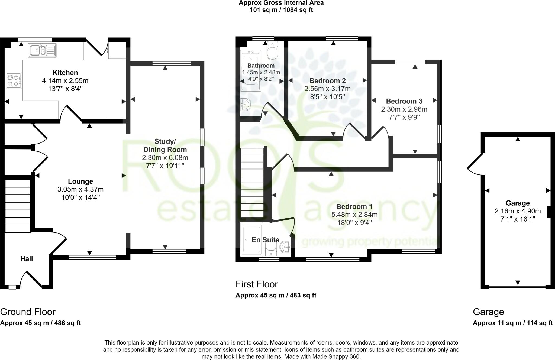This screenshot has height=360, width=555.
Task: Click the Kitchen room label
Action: point(65,73)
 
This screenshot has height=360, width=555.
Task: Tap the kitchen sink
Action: point(42,50)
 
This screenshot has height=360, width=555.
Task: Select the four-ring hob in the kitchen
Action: point(14,81)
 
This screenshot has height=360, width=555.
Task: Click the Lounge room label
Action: point(80,181)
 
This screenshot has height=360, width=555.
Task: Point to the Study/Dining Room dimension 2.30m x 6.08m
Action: point(165,158)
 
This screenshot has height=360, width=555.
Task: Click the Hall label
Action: point(27,259)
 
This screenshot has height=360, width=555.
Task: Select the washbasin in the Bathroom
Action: point(246,104)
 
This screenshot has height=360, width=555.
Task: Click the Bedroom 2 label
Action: point(327,81)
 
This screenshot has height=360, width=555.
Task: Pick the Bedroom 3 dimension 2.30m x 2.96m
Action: point(404,109)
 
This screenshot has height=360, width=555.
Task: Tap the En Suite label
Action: point(265,240)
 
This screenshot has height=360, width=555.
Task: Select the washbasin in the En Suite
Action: point(285,247)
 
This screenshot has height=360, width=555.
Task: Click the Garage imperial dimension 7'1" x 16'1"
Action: point(518,219)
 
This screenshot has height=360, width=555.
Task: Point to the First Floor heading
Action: point(257,284)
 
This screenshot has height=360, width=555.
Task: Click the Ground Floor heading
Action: point(28,312)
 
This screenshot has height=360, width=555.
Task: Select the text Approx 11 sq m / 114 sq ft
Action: point(513,323)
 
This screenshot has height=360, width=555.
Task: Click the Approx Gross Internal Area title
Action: point(281,3)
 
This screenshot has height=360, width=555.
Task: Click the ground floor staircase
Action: point(18,206)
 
